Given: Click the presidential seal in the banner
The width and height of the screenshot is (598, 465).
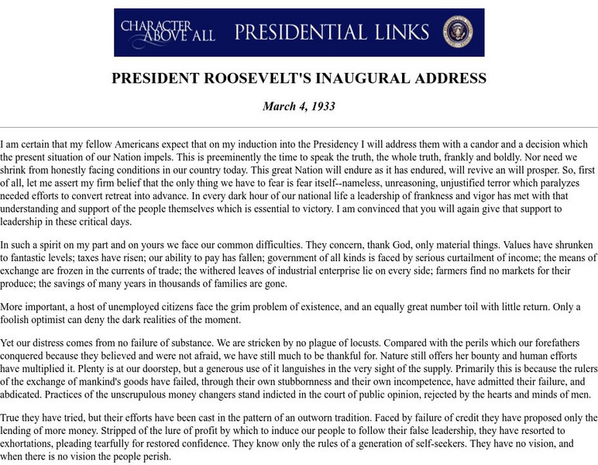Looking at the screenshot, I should [x=458, y=32].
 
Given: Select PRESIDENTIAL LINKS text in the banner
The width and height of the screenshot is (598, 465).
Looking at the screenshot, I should [x=332, y=32].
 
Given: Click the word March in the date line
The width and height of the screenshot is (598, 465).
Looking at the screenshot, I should [x=281, y=106].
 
